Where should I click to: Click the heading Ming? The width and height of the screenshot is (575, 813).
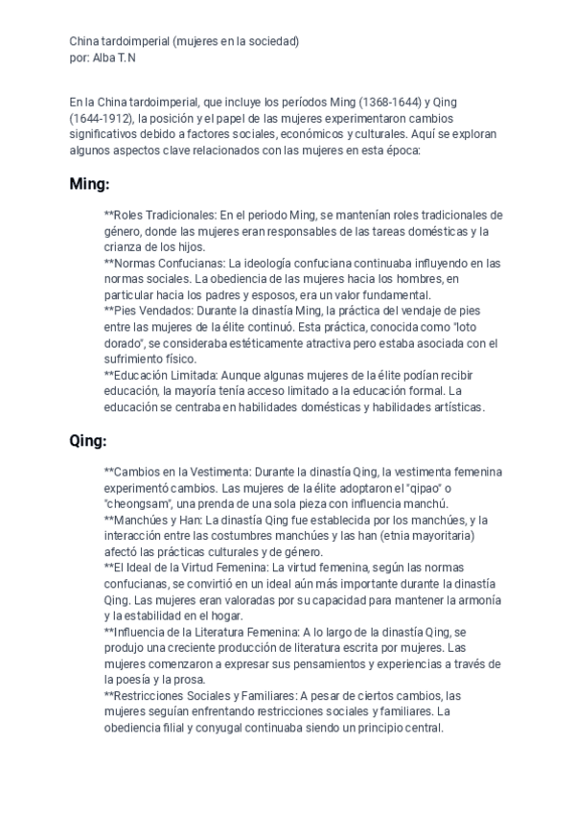[x=89, y=183]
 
